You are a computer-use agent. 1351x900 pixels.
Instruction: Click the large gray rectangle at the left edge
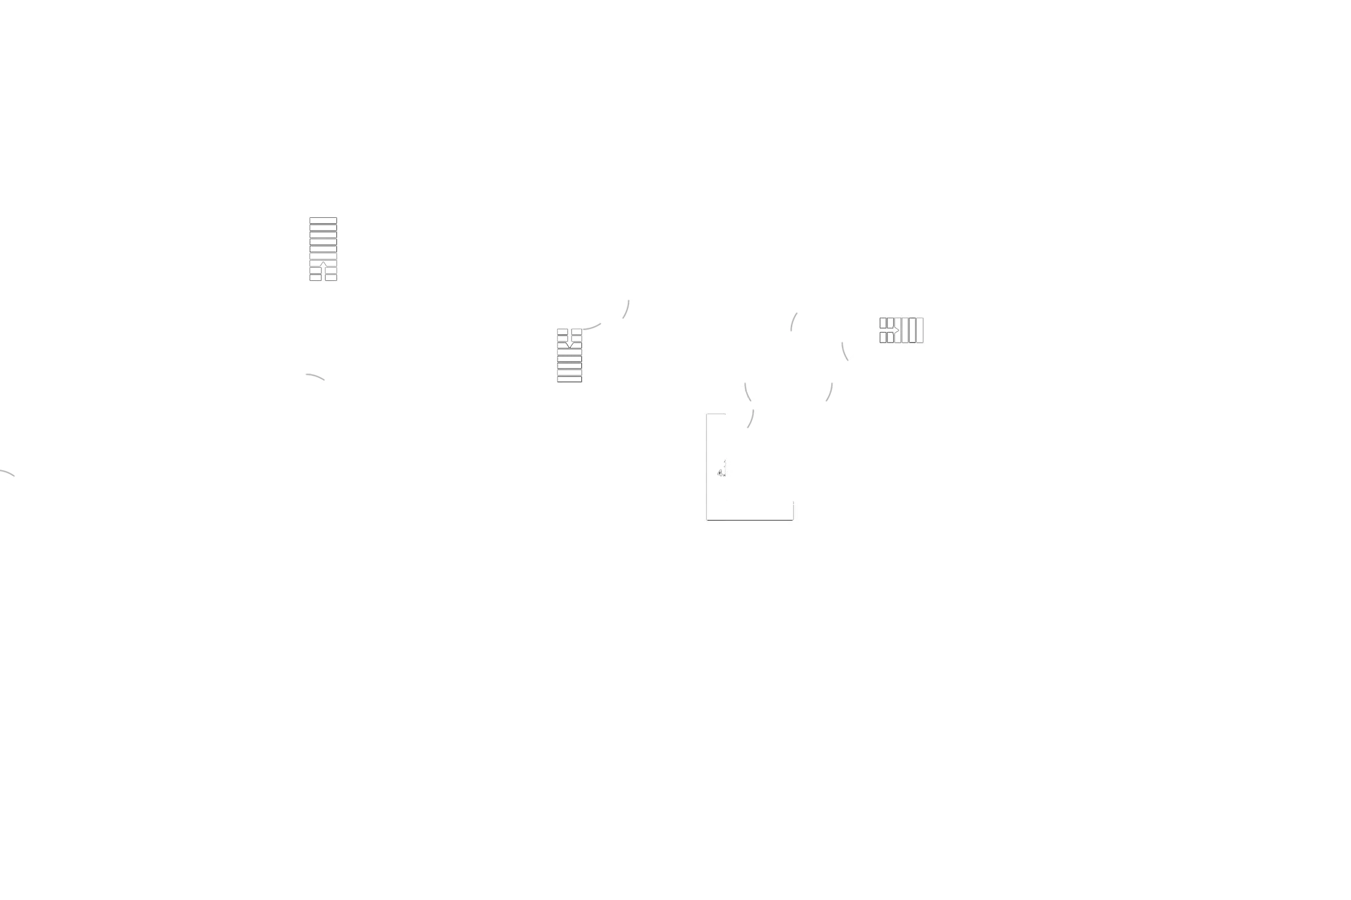(116, 322)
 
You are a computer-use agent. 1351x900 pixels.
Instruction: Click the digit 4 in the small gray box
(720, 473)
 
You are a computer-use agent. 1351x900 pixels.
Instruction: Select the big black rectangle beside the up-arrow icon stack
(433, 252)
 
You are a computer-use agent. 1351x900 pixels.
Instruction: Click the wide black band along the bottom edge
(675, 853)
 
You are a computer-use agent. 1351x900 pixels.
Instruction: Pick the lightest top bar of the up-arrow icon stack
(323, 221)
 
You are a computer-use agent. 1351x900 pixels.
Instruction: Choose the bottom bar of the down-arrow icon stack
(569, 379)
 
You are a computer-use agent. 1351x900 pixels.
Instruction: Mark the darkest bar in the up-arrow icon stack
(323, 249)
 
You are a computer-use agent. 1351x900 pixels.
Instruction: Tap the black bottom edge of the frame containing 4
(749, 517)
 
